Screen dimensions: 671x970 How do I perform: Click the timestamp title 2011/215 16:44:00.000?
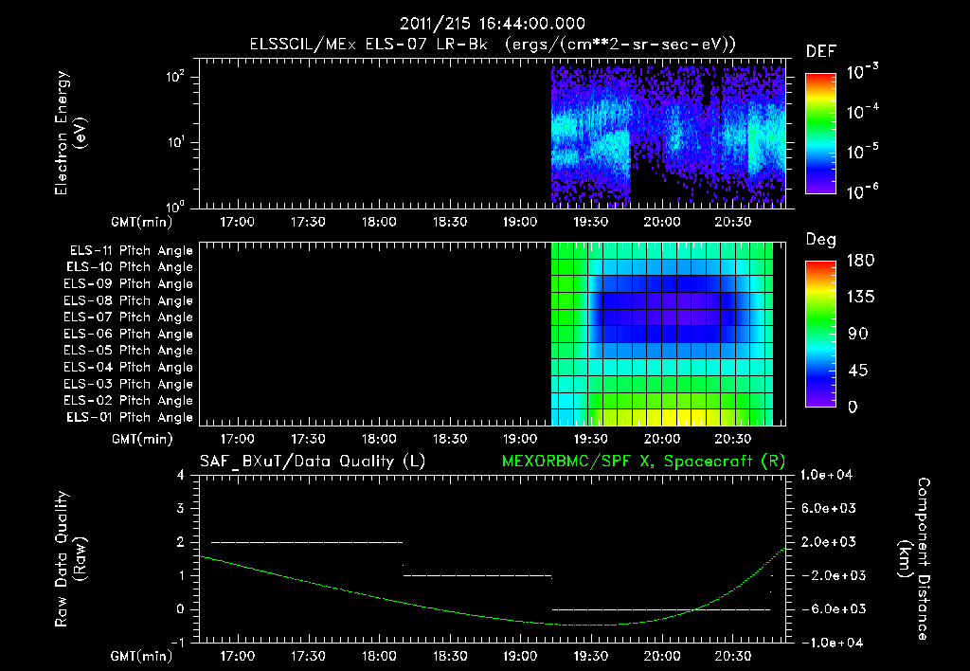coord(493,24)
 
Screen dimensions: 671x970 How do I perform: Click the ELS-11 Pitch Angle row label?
coord(131,250)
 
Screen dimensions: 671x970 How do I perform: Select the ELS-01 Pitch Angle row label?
coord(131,417)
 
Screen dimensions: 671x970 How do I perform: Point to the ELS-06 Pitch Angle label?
coord(131,334)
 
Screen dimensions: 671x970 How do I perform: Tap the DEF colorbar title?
coord(820,51)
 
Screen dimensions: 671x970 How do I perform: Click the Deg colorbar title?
coord(820,240)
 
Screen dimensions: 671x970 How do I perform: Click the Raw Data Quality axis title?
coord(70,558)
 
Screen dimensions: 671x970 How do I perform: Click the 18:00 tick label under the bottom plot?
coord(378,656)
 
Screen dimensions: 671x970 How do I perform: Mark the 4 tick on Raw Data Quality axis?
coord(182,475)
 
